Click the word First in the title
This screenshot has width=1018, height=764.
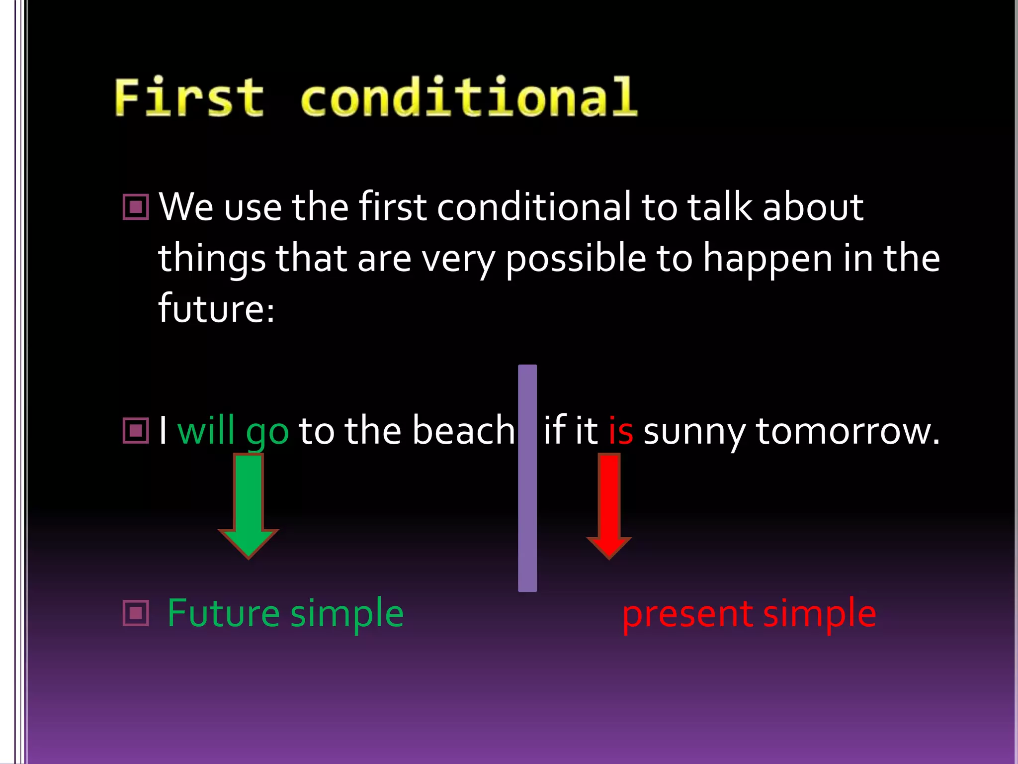click(189, 97)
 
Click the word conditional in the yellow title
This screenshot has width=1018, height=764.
click(469, 97)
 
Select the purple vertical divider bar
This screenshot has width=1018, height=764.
click(527, 477)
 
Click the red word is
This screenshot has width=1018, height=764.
click(621, 431)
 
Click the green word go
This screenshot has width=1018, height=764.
click(267, 433)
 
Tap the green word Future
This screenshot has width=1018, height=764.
click(223, 613)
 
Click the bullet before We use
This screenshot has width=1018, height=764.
click(136, 207)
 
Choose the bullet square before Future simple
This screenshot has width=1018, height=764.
click(136, 613)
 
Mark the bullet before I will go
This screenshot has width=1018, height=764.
click(136, 430)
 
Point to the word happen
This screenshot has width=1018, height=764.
click(767, 260)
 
